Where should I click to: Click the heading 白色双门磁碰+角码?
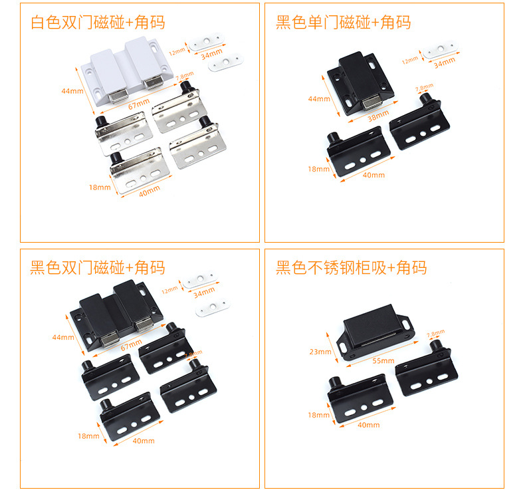[x=98, y=22]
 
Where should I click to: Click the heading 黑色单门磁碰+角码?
[x=343, y=22]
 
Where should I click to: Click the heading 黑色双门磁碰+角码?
[x=98, y=268]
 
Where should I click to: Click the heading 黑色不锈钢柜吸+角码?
[x=351, y=268]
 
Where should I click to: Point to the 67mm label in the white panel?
[x=137, y=105]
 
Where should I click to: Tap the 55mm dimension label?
[x=383, y=361]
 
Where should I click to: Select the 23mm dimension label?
[x=320, y=351]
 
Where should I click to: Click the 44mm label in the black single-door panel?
[x=319, y=99]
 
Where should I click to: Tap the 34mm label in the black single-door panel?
[x=445, y=64]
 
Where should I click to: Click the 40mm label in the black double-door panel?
[x=144, y=441]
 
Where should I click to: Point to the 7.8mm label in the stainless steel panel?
[x=435, y=333]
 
